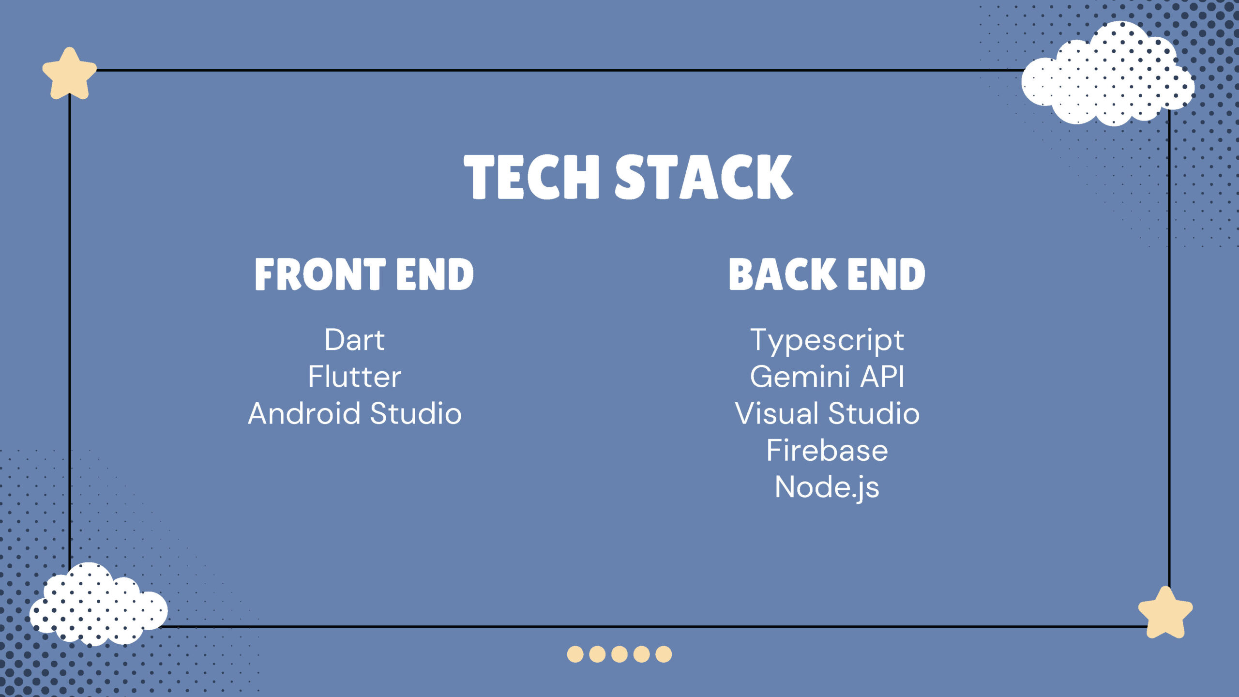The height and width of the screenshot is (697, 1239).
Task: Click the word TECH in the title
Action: click(x=531, y=177)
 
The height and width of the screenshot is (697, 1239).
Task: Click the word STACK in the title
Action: click(x=704, y=177)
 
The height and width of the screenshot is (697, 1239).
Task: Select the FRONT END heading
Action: click(x=364, y=274)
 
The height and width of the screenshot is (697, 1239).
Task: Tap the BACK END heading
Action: click(x=827, y=274)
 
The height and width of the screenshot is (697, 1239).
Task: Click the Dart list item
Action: click(x=355, y=340)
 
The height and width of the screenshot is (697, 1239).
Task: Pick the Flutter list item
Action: click(x=355, y=377)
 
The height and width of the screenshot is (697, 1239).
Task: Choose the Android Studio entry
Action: click(x=355, y=413)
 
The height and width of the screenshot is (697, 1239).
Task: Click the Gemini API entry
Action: click(x=827, y=377)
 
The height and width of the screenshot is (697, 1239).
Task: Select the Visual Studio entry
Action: click(x=827, y=413)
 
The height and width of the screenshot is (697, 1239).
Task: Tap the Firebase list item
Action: click(x=827, y=450)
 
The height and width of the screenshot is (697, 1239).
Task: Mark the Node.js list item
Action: click(x=827, y=488)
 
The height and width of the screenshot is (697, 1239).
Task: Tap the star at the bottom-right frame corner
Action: click(x=1165, y=613)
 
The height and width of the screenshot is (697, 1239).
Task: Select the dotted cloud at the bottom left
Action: click(x=99, y=605)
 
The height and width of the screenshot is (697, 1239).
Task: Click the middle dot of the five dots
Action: click(x=619, y=654)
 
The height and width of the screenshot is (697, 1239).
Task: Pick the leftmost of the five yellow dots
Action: click(x=575, y=654)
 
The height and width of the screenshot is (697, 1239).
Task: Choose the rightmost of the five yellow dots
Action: click(x=664, y=654)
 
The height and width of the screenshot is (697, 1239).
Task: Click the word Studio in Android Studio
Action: click(x=416, y=413)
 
